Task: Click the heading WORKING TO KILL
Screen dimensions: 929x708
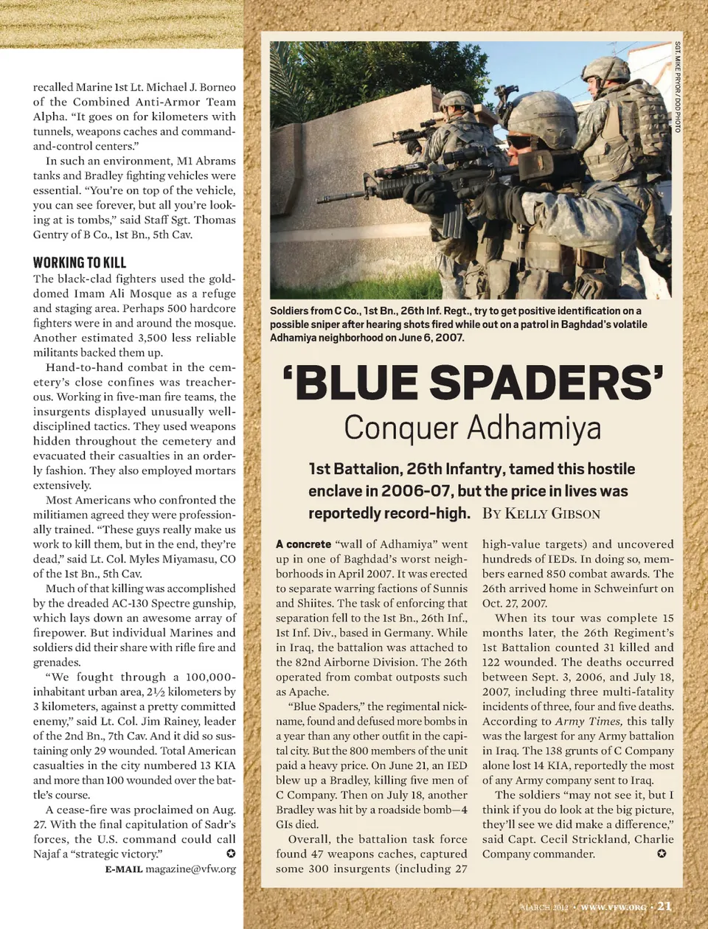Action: (80, 262)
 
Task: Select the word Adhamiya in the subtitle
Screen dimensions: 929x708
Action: (535, 428)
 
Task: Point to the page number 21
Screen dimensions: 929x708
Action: (664, 906)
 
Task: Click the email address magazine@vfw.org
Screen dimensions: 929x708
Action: (190, 869)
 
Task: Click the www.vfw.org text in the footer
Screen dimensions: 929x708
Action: (613, 907)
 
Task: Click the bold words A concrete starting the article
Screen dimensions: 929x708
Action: (303, 544)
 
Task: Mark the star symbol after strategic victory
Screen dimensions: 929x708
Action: (231, 854)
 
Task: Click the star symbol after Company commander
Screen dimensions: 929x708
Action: (662, 854)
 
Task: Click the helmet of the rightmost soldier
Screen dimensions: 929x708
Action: (605, 70)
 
